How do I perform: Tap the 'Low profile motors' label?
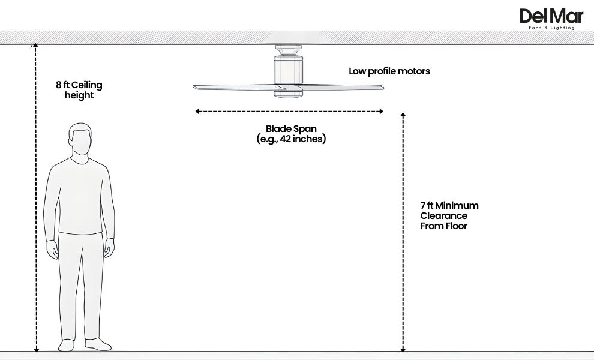point(389,71)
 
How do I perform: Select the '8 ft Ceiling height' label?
point(79,90)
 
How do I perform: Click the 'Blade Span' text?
point(291,129)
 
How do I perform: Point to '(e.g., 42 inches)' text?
point(291,139)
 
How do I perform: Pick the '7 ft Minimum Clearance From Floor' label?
point(449,215)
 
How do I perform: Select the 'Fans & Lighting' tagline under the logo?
point(551,28)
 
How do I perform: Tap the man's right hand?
point(53,248)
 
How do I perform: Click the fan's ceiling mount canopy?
point(288,49)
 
